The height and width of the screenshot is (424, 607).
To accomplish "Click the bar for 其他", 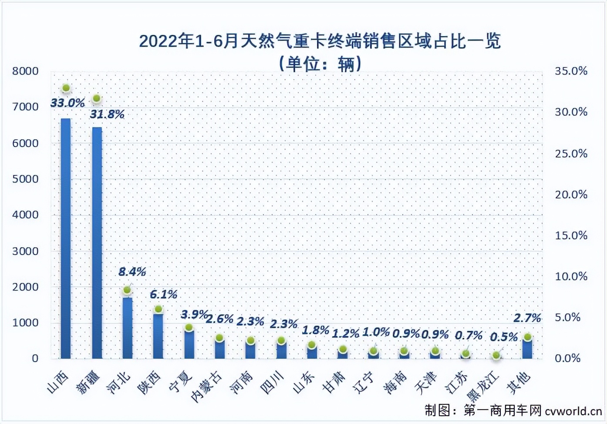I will (x=527, y=348).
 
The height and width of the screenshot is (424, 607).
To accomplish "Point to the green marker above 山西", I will (x=66, y=88).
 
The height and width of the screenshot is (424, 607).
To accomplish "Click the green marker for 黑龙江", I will (x=496, y=356).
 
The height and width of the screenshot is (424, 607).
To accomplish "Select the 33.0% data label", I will (x=67, y=103).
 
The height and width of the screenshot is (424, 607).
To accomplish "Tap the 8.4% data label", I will (x=132, y=272).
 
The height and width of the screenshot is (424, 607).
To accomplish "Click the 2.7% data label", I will (x=527, y=318).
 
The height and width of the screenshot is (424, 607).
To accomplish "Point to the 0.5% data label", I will (x=504, y=337).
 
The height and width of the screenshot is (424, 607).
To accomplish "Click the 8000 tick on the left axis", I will (x=25, y=71).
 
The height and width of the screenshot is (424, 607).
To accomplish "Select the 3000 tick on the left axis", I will (x=25, y=251).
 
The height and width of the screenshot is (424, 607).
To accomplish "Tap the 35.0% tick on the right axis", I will (x=571, y=71).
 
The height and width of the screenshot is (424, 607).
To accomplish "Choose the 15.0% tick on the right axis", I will (x=571, y=236).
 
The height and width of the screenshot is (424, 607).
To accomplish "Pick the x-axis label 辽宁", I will (x=364, y=382).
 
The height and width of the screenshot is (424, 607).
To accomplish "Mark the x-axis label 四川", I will (x=272, y=382).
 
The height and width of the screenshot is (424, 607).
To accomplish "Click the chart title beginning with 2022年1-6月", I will (x=320, y=41).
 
